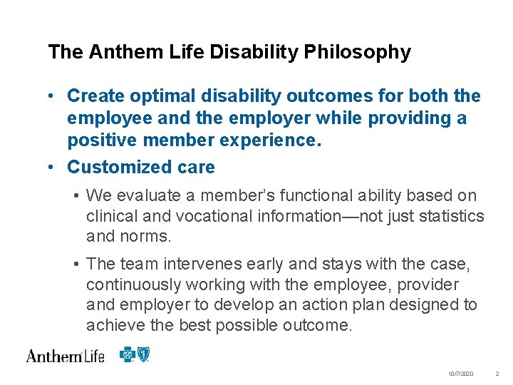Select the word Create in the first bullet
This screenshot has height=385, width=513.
(x=94, y=96)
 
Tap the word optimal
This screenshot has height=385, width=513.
(x=158, y=96)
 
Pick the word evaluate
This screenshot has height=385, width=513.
(x=142, y=196)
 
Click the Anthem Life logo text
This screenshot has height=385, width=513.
(x=65, y=355)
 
